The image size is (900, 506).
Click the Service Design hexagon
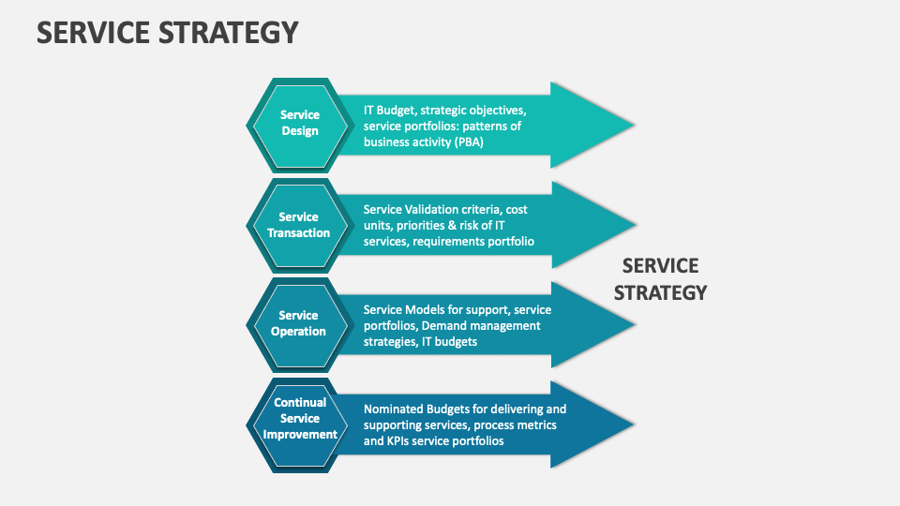tap(299, 123)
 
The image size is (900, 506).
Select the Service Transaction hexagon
tap(299, 224)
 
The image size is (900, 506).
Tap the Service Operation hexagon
tap(299, 323)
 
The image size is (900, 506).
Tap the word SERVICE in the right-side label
tap(660, 266)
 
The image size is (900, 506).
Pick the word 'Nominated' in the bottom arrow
tap(393, 409)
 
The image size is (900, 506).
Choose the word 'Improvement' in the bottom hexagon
tap(300, 434)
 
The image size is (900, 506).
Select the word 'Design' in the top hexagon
tap(300, 131)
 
